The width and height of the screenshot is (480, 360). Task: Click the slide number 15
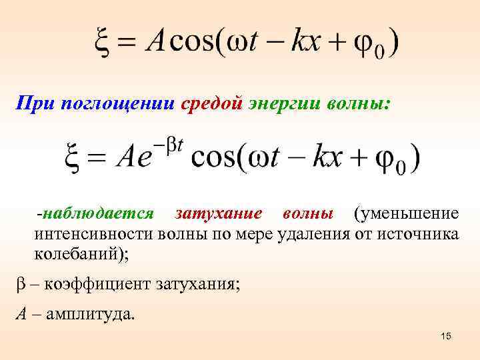click(x=446, y=337)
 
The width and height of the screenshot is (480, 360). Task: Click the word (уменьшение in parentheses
click(x=406, y=213)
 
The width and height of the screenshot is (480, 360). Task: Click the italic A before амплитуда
click(x=21, y=313)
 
